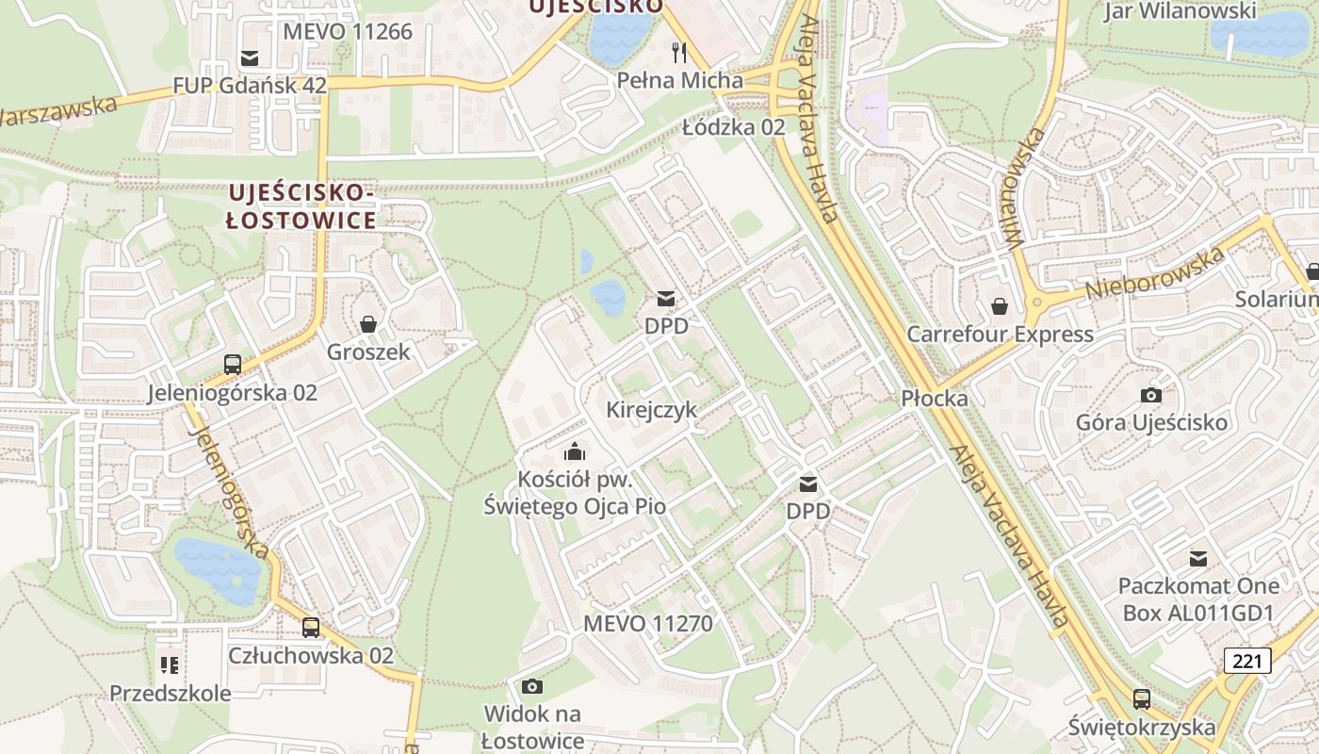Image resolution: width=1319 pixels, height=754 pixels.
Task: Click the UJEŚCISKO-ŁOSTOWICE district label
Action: point(301,206)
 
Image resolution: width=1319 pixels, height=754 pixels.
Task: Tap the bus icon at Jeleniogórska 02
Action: point(232,364)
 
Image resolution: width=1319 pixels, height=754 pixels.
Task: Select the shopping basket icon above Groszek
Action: point(368,324)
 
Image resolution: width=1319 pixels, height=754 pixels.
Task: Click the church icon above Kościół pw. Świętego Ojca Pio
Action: point(575,451)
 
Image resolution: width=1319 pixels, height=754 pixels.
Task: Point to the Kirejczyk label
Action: point(651,410)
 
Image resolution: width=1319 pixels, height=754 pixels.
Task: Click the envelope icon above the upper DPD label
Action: point(666,299)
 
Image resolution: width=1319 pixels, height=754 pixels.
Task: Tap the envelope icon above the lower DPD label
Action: point(808,484)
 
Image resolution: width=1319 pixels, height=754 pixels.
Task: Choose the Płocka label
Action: point(934,398)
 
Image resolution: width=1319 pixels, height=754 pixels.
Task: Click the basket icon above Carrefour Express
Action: point(999,306)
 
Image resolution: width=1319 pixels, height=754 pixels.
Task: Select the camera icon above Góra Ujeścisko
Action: point(1150,395)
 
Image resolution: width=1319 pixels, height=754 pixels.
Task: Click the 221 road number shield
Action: point(1247,661)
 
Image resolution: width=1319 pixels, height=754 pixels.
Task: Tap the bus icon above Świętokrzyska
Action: point(1141,699)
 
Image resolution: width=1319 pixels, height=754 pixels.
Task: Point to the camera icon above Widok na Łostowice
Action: point(532,686)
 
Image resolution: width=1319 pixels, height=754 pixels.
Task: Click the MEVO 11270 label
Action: point(647,624)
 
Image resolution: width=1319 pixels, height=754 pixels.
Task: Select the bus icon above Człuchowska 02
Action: point(310,627)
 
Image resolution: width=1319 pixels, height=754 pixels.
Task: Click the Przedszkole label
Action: point(170,694)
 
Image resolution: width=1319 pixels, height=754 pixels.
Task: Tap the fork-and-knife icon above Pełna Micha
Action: point(679,51)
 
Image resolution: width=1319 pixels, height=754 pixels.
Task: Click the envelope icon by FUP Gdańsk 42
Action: point(250,58)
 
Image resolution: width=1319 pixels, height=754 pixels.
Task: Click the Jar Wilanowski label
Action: point(1180,11)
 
